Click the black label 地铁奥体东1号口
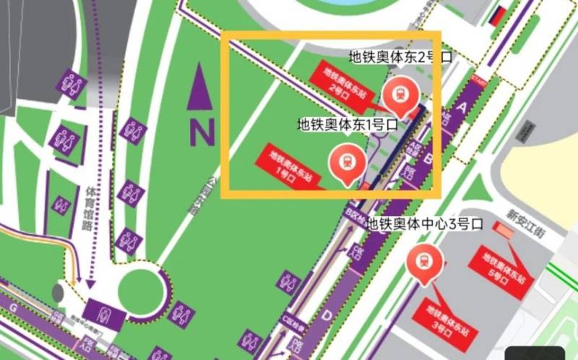pyautogui.click(x=348, y=124)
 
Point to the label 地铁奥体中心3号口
pyautogui.click(x=424, y=224)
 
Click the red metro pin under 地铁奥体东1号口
pyautogui.click(x=345, y=161)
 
